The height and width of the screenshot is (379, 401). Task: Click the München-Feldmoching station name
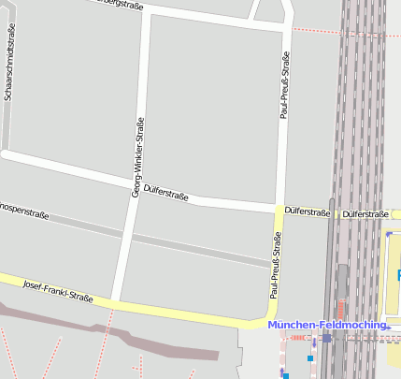pos(326,325)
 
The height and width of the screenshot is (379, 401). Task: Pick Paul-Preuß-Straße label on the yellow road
pos(276,267)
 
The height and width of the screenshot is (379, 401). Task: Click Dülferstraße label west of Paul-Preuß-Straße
pos(166,194)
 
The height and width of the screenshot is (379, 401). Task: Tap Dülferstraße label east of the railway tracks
pos(365,213)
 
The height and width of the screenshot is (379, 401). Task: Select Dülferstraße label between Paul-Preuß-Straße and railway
pos(308,212)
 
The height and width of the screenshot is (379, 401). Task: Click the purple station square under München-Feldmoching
pos(327,338)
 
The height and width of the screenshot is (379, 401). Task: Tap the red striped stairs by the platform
pos(340,308)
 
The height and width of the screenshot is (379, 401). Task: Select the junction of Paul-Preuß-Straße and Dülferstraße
pos(279,208)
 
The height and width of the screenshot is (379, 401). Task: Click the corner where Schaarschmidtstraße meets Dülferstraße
pos(5,151)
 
